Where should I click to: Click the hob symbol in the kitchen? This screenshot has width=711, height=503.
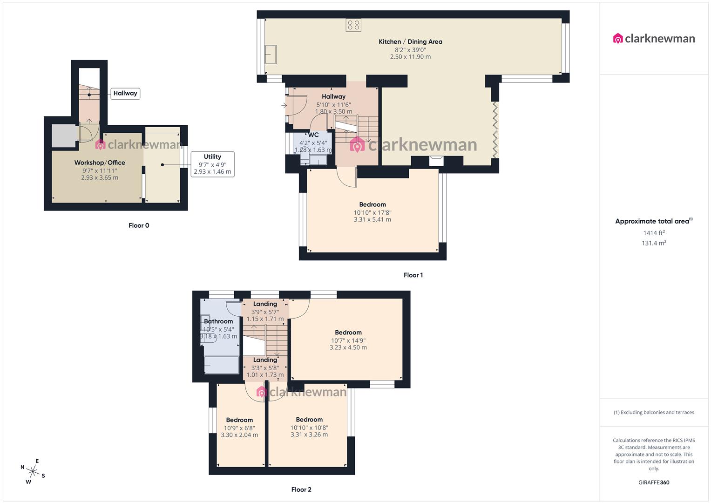353,25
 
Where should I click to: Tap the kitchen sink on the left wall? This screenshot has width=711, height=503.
271,54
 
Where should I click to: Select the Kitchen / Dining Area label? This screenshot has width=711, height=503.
410,41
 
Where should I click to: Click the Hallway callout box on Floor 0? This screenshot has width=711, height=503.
125,93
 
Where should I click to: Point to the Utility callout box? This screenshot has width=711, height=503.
212,164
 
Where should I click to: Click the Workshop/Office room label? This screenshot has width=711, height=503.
100,163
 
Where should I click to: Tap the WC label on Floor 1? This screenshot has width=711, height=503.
313,135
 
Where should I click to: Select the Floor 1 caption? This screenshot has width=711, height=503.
413,275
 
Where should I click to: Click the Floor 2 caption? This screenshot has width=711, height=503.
301,489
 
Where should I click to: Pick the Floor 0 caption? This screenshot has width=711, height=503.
139,225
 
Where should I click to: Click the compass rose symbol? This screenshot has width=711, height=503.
33,471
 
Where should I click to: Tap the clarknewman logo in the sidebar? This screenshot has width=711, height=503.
654,39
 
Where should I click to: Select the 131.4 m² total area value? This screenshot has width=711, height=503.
654,243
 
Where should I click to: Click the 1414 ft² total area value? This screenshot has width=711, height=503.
654,233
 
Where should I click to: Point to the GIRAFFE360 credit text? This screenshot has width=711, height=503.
654,483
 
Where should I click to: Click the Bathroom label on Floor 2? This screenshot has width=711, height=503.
218,321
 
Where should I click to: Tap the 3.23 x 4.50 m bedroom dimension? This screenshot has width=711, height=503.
348,347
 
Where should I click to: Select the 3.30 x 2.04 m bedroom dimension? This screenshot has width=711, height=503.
239,435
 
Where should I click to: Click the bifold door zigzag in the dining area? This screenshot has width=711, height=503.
495,130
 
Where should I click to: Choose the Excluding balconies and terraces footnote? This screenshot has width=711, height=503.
654,412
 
